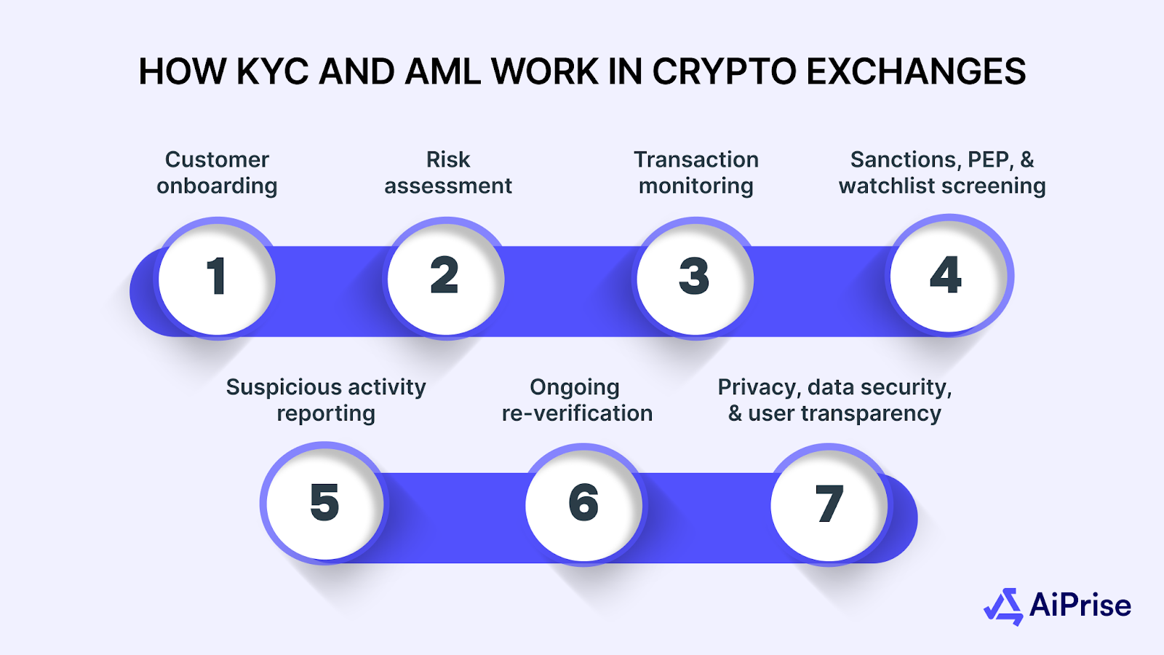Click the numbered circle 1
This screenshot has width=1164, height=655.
(x=217, y=278)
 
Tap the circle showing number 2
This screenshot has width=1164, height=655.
(x=445, y=278)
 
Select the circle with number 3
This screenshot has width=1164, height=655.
(x=695, y=278)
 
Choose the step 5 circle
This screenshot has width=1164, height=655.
(x=324, y=504)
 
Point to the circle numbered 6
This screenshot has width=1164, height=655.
(x=583, y=504)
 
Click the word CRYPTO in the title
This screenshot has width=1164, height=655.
(x=725, y=72)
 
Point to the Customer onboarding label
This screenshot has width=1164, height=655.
(x=217, y=172)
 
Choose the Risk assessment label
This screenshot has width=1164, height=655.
(x=448, y=172)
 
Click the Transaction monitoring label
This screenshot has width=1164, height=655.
(x=696, y=172)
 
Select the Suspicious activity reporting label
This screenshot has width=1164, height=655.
(x=326, y=400)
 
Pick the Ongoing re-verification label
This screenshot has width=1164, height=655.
(x=577, y=400)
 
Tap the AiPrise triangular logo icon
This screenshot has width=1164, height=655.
(x=1005, y=607)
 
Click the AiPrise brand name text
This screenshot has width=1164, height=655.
(x=1080, y=606)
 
